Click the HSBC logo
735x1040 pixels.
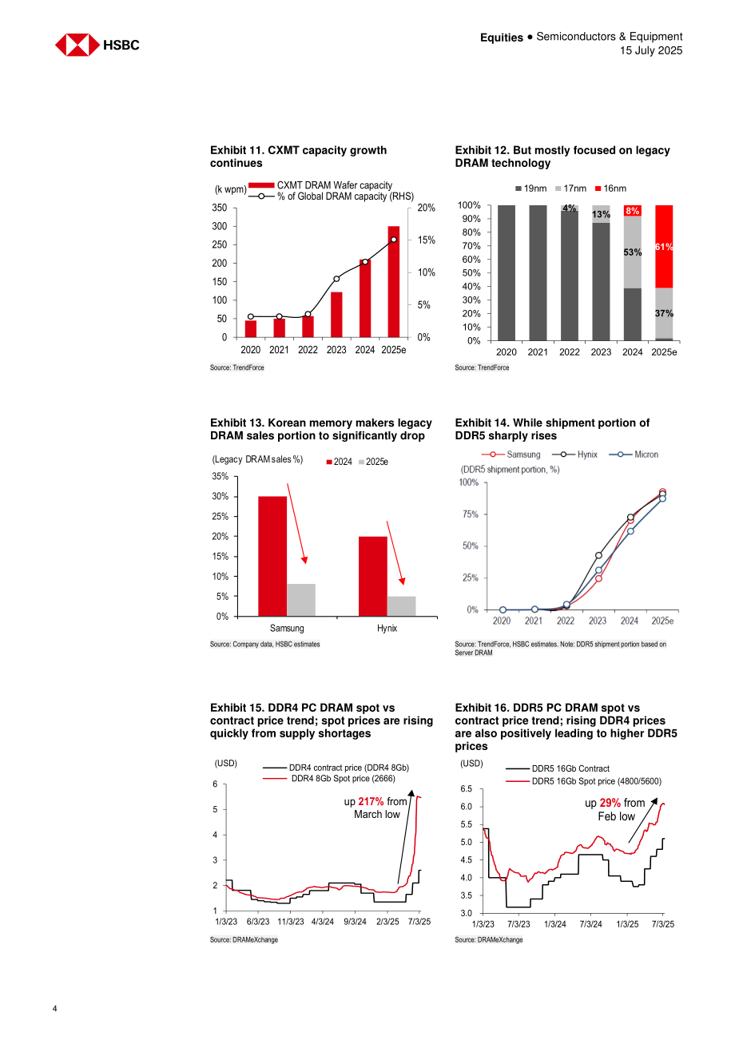(x=97, y=45)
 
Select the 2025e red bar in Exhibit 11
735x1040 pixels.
(x=394, y=281)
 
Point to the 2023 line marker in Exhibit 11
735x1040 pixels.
(x=336, y=279)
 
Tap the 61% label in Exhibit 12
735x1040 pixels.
(x=664, y=247)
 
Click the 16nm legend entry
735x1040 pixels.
(x=610, y=189)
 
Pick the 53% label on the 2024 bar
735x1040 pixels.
(x=633, y=252)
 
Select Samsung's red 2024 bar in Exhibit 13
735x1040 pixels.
(x=272, y=556)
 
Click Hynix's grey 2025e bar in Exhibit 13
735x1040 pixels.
(x=402, y=606)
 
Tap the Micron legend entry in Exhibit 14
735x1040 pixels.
(x=634, y=455)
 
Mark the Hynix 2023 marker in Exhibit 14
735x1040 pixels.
(x=598, y=555)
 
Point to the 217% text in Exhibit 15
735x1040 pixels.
(x=371, y=801)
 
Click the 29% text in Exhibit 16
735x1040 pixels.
(x=610, y=803)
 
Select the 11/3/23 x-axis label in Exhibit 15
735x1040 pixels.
(x=291, y=922)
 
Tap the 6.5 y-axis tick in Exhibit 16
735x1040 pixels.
(x=466, y=789)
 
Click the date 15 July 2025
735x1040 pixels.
(x=651, y=50)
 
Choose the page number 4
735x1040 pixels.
(x=55, y=1008)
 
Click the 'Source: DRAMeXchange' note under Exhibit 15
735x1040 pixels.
(x=244, y=939)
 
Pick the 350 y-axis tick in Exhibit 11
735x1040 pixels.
(x=220, y=208)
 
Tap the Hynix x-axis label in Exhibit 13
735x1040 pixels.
(x=387, y=628)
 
